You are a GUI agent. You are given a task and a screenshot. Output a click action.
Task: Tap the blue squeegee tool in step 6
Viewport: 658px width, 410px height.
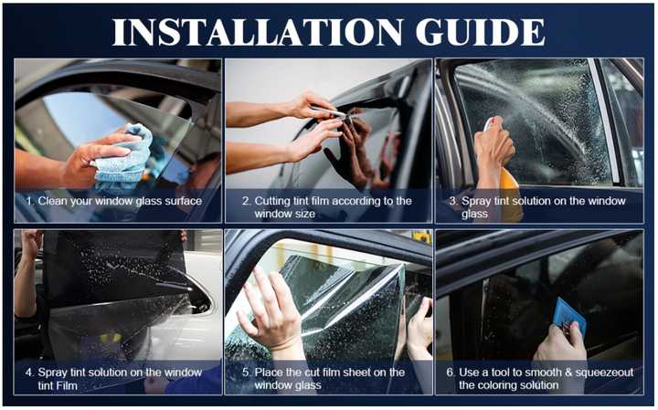click(569, 314)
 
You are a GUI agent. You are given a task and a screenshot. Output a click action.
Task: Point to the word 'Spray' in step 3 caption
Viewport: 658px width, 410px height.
click(478, 200)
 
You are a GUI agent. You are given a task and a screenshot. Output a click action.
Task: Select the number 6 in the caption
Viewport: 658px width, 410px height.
click(451, 372)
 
